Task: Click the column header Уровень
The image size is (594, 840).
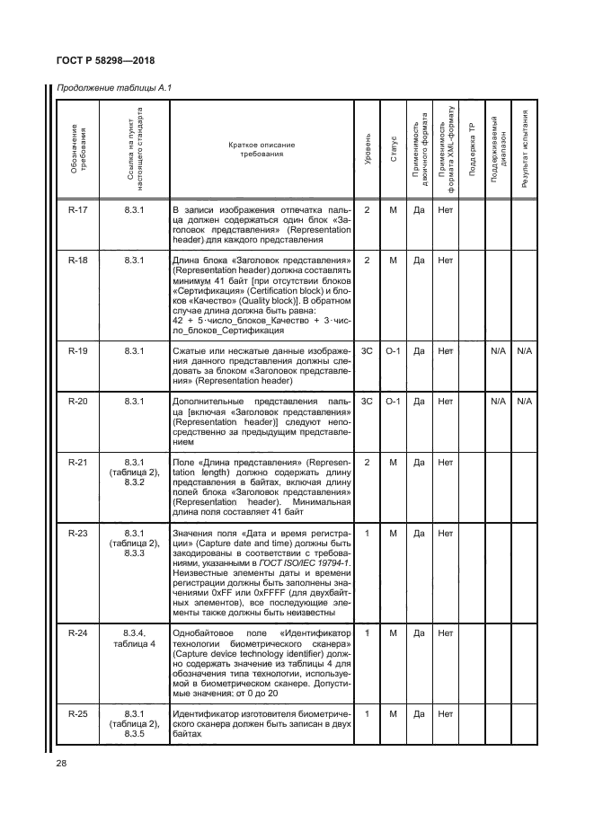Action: coord(367,152)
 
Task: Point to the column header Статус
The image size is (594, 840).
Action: coord(393,152)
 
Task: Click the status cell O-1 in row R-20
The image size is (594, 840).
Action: coord(393,401)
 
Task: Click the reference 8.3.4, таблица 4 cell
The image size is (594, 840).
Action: coord(134,640)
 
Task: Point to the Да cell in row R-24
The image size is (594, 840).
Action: coord(418,634)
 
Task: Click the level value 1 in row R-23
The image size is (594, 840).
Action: coord(367,534)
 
